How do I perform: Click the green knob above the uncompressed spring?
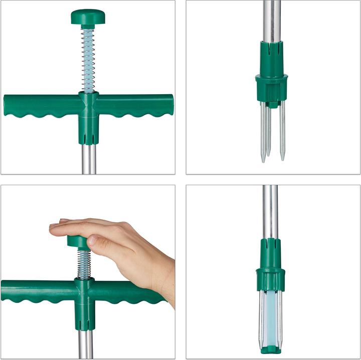click(88, 18)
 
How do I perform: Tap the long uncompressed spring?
click(88, 60)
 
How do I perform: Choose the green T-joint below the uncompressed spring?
click(88, 118)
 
